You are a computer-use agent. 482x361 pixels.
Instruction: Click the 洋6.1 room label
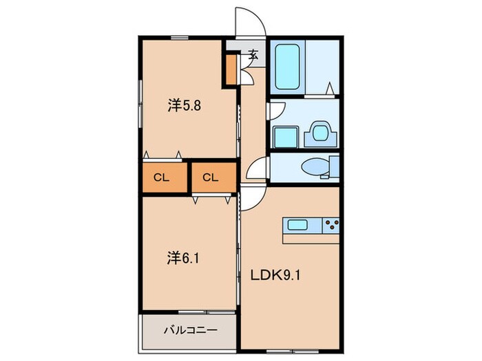[x=185, y=259]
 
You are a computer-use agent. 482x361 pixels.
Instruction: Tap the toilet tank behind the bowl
[x=335, y=166]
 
